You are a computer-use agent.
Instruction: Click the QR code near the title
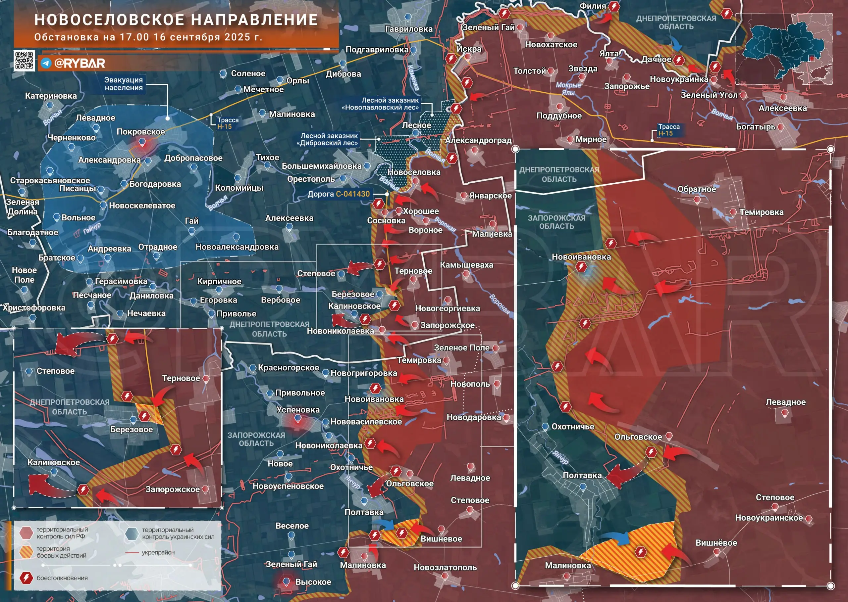(25, 61)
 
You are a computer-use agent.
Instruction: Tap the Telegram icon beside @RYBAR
(46, 63)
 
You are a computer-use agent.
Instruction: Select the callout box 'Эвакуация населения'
(124, 84)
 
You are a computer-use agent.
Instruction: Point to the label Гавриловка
(409, 29)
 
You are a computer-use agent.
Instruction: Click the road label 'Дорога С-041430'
(338, 194)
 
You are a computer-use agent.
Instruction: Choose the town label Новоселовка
(414, 172)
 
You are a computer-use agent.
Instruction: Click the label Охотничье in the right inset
(572, 426)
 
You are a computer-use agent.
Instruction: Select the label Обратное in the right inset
(696, 189)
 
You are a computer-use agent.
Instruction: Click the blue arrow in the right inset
(616, 537)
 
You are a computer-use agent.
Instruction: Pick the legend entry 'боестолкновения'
(62, 578)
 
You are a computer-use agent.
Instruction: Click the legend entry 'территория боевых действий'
(62, 552)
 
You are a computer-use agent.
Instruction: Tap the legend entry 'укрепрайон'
(158, 552)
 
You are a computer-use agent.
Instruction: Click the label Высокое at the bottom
(313, 582)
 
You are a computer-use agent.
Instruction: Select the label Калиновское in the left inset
(54, 462)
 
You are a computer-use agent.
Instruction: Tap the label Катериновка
(51, 96)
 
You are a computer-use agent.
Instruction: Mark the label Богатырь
(755, 126)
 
